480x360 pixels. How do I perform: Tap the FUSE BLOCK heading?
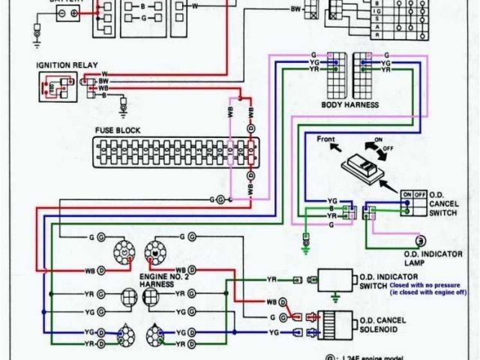117,130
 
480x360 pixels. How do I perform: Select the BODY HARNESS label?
349,104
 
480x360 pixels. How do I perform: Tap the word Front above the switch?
325,139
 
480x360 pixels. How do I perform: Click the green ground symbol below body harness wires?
306,244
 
